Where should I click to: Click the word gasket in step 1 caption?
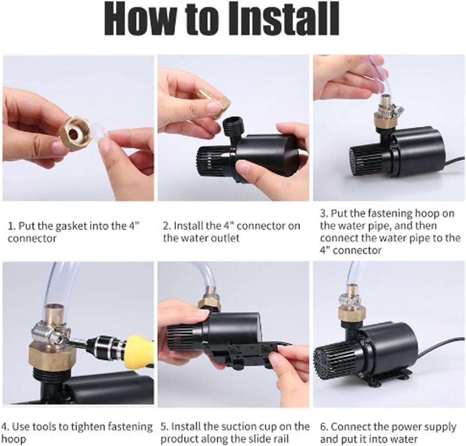(69, 226)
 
